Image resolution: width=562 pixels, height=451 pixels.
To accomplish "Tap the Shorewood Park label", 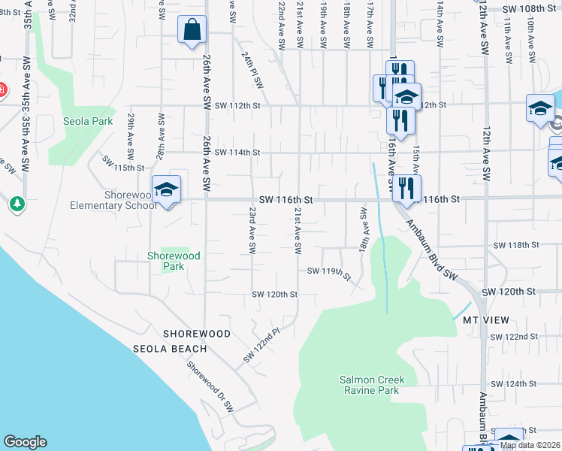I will (174, 261).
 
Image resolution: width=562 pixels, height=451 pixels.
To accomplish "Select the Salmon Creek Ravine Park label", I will (369, 386).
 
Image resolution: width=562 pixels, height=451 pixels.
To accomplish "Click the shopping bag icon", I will (192, 30).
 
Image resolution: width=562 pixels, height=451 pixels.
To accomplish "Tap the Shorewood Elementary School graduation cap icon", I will (166, 189).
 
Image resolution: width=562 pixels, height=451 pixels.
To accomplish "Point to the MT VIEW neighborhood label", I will (482, 319).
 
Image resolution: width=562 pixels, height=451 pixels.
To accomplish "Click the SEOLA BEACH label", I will (170, 349).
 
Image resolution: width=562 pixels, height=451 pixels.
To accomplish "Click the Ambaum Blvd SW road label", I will (431, 250).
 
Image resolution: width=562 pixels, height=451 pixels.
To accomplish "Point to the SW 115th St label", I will (122, 164).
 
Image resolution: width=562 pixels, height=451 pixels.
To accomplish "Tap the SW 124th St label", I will (514, 384).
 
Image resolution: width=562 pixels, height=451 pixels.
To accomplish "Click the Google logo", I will (25, 442).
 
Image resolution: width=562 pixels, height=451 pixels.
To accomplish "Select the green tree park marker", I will (17, 204).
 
